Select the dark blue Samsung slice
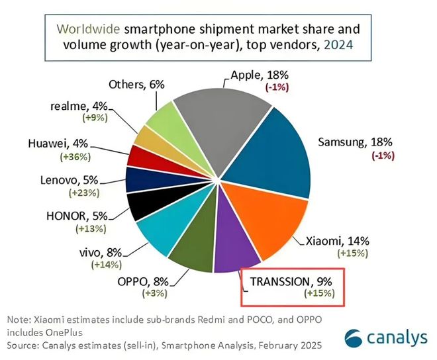[271, 149]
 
